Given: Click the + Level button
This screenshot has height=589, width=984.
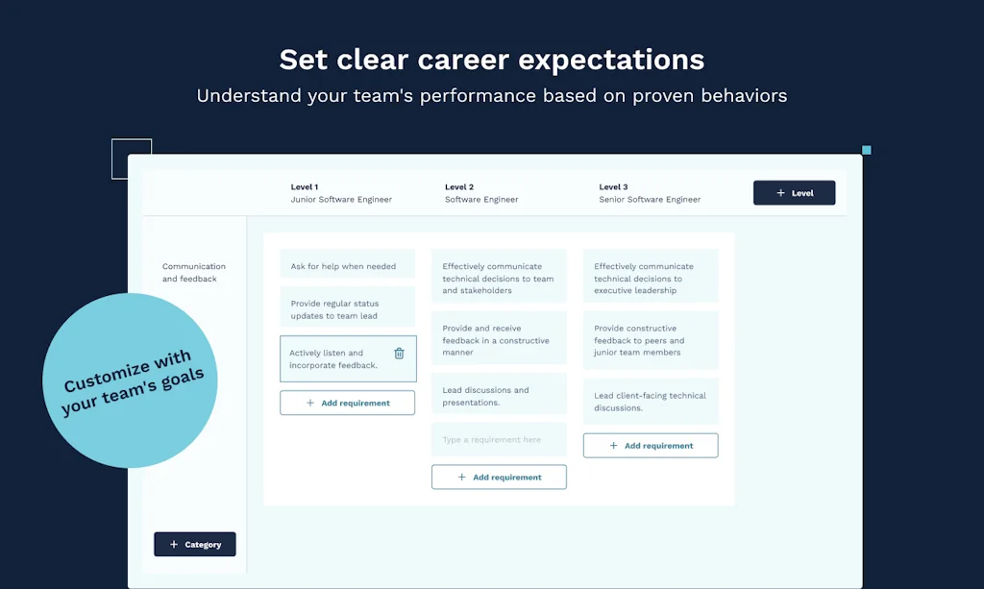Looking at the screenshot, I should point(794,193).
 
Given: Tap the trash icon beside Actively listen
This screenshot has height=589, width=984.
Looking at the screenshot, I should point(399,354).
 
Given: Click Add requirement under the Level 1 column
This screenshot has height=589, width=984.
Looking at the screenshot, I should point(347,404).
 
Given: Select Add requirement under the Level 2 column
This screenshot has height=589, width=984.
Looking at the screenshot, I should point(499,478).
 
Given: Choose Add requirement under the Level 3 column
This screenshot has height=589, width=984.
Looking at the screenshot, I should point(651,446).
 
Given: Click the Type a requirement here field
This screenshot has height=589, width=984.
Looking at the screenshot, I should point(499,440).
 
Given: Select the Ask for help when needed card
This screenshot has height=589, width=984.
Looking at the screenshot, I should point(347,266).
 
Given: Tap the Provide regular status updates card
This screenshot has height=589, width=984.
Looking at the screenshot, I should point(347,309).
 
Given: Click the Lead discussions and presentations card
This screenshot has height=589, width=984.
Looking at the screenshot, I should point(499,397).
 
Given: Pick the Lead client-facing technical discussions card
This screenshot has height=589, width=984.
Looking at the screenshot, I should point(651,402).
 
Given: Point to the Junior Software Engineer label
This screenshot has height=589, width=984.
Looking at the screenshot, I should point(341,200).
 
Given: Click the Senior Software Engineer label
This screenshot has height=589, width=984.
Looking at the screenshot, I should point(650,200).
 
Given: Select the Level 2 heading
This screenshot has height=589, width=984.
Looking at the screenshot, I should point(459,187).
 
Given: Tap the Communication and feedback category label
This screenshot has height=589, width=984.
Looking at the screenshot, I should point(194,273).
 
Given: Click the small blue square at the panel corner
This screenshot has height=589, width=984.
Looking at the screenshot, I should point(866,150).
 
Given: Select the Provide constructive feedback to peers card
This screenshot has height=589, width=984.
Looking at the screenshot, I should point(651,340).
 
